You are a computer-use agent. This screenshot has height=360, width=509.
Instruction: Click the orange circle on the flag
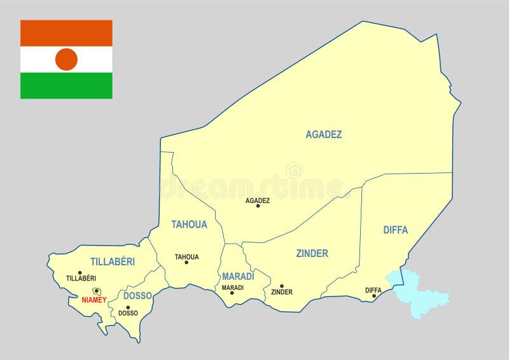point(66,59)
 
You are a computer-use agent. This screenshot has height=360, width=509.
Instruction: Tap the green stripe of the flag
point(66,86)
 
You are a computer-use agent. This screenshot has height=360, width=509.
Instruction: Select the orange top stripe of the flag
point(66,32)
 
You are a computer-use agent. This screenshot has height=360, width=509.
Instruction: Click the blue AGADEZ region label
point(324,134)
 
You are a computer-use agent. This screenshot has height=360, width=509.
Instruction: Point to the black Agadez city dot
point(258,206)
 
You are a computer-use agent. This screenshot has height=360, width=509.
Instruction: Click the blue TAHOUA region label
point(189,224)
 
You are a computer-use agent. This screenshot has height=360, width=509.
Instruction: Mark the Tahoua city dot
point(186,263)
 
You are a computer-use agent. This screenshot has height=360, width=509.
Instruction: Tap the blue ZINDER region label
point(312,253)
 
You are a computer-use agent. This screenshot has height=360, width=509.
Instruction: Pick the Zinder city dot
point(282,286)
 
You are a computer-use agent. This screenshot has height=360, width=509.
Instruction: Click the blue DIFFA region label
point(395,230)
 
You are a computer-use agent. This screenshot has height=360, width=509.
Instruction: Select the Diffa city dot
point(374,296)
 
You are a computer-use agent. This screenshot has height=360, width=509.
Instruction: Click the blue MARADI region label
point(238,276)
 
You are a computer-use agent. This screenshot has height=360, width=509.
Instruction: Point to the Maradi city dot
point(232,293)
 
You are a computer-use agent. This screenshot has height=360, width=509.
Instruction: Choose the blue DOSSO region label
point(137,296)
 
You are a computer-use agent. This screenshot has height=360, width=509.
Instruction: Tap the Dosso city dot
point(128,307)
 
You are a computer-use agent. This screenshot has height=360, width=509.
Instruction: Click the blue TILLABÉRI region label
point(113,261)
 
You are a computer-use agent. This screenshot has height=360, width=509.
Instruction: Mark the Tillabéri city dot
point(80,273)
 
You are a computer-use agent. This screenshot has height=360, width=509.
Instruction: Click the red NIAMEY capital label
point(95,300)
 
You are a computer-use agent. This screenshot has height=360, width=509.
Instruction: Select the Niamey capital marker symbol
point(97,291)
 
